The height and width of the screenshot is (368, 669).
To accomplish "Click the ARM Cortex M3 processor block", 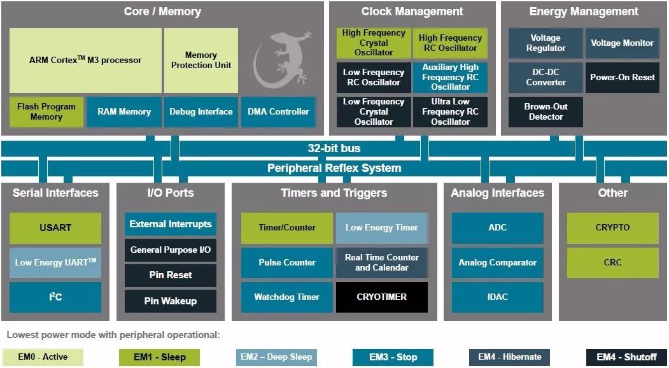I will tap(85, 60).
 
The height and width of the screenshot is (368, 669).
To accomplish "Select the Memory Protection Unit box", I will tap(201, 60).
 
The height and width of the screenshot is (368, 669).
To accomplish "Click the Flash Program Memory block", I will tap(46, 112).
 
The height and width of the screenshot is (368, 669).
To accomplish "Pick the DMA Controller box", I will tap(278, 112).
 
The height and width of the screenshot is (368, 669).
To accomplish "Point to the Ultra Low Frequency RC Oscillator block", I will tap(450, 112).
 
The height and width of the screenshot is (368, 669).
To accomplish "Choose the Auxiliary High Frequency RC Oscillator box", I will tap(450, 77).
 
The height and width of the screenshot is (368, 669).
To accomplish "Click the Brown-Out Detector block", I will tap(546, 112).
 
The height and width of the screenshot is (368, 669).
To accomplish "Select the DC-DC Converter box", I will tap(546, 77).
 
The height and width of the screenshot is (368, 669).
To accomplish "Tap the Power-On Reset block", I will tap(622, 77).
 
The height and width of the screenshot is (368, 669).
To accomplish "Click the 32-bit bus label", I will tap(334, 148).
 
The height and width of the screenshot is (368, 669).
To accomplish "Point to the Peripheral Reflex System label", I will tap(334, 168).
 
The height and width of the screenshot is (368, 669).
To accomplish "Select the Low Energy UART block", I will tap(55, 262).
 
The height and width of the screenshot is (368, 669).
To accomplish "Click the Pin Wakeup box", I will tap(170, 301).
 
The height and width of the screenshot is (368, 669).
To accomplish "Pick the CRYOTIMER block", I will tap(382, 297).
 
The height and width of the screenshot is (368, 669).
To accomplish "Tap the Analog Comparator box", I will tap(498, 262).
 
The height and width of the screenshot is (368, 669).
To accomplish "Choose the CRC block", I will tap(612, 262).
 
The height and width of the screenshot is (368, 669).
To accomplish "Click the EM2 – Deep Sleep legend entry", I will tap(276, 357).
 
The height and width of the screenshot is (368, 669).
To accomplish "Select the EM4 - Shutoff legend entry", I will tap(626, 357).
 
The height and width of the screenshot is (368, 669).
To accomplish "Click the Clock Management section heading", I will tap(412, 11).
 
